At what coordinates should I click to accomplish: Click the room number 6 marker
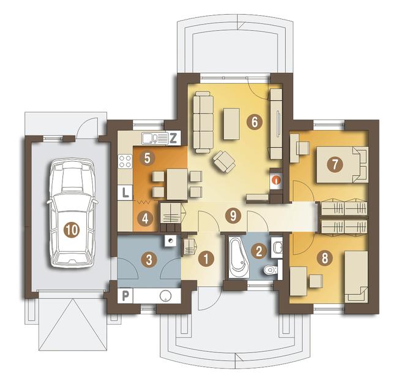(254, 121)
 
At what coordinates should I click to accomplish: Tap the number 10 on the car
(72, 229)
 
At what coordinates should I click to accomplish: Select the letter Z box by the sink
(173, 139)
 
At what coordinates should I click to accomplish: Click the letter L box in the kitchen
(125, 192)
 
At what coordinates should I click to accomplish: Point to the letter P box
(125, 295)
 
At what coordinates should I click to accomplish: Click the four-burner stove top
(125, 161)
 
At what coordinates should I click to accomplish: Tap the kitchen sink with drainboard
(155, 138)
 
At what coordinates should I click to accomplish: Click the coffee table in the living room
(231, 124)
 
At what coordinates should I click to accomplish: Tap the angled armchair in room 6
(224, 161)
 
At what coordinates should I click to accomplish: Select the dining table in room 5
(177, 184)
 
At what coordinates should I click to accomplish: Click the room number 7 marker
(334, 164)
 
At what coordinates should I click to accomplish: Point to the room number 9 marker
(233, 216)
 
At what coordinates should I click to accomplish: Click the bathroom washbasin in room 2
(277, 248)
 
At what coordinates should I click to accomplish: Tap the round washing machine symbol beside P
(165, 295)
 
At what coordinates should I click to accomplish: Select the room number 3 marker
(149, 260)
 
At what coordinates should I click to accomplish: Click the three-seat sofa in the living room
(203, 122)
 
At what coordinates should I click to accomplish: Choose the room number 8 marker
(324, 257)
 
